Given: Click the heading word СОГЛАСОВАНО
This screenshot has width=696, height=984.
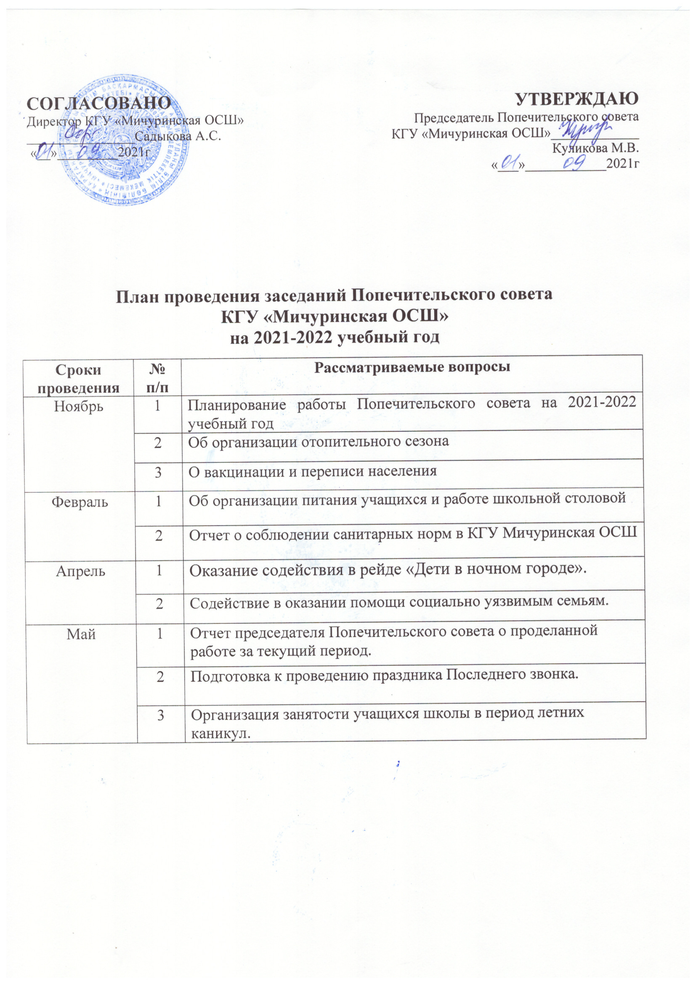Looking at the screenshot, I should [99, 103].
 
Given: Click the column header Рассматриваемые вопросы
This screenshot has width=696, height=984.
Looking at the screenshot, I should [412, 367].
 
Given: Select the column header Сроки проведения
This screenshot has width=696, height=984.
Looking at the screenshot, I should [79, 378].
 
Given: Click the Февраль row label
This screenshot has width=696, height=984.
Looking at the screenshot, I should [80, 501].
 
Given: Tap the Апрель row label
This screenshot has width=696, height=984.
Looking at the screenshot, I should [80, 571].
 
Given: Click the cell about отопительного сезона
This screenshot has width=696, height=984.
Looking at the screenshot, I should [319, 441].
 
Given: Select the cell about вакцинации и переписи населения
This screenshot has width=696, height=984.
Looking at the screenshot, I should [312, 471].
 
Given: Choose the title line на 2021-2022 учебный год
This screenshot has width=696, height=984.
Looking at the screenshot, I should [335, 338].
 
